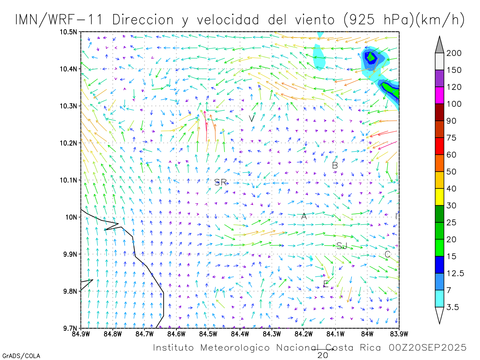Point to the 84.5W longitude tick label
[208, 334]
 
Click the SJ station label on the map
[342, 246]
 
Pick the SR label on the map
[220, 182]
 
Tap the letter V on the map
[252, 119]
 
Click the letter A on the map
[304, 216]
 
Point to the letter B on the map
[335, 165]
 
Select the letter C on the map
[387, 254]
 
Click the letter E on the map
[326, 284]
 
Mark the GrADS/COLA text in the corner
[21, 356]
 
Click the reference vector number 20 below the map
[323, 355]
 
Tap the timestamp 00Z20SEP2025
[428, 348]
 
